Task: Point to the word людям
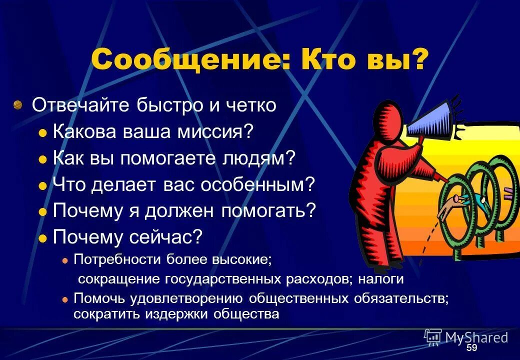[265, 158]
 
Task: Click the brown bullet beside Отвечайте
[18, 105]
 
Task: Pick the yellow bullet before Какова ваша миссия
[43, 133]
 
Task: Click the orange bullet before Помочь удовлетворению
[65, 299]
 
